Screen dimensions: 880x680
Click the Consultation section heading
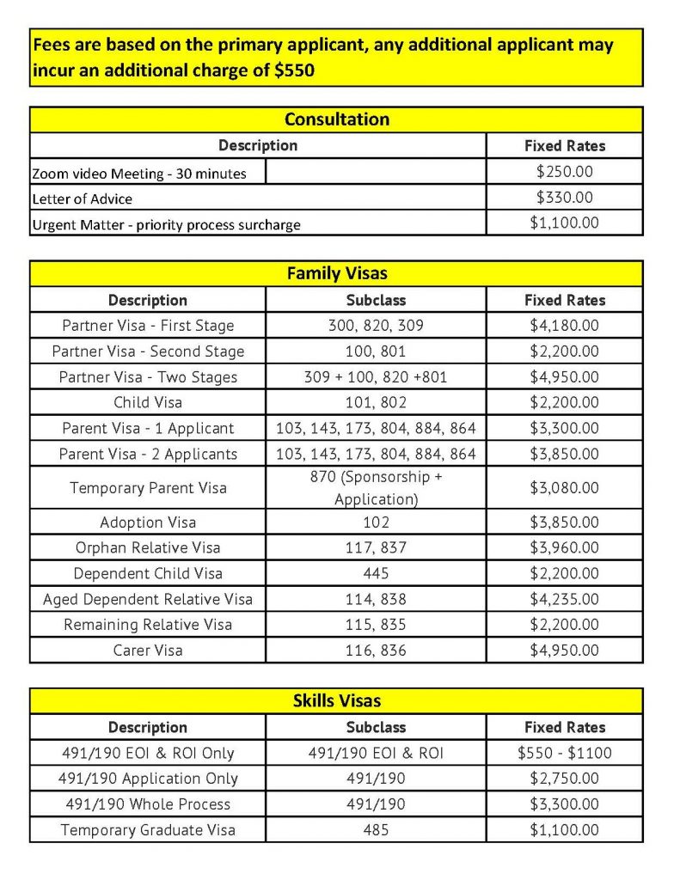336,119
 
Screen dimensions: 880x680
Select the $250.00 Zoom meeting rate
564,172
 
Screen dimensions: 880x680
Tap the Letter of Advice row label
83,199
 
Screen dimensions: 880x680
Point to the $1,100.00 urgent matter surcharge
564,223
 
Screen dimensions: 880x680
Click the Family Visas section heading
336,274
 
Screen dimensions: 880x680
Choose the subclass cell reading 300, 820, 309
376,326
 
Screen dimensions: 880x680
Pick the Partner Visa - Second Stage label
148,351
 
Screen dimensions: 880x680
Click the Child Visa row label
148,402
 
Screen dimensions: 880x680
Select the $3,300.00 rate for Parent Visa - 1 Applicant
564,428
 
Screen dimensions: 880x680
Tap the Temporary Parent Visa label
148,487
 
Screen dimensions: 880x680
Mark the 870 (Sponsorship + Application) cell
376,487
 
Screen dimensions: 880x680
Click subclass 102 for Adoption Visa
376,522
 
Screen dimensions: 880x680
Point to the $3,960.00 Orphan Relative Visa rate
564,547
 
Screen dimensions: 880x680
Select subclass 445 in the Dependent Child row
376,573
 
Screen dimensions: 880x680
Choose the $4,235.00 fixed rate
564,599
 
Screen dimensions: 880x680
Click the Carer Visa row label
148,650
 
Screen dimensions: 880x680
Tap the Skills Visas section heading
336,701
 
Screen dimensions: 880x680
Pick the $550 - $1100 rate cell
564,753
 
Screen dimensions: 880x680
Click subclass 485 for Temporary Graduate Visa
376,830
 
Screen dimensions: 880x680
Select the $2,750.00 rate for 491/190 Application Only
564,779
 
